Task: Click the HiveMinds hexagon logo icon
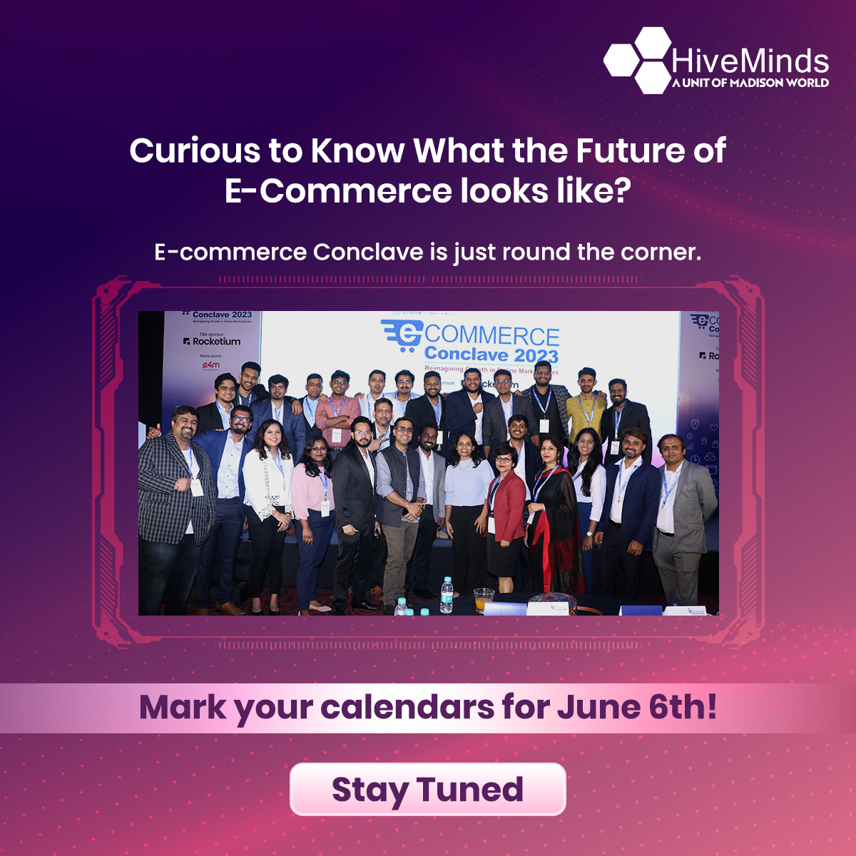637,61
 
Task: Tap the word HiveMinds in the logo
750,61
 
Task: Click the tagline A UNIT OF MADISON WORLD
750,83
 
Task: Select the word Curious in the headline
195,151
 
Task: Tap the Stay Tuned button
427,789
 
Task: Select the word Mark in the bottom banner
183,708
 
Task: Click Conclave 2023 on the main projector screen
491,355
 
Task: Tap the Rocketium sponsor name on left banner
216,342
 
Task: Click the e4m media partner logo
211,365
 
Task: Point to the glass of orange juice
484,599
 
